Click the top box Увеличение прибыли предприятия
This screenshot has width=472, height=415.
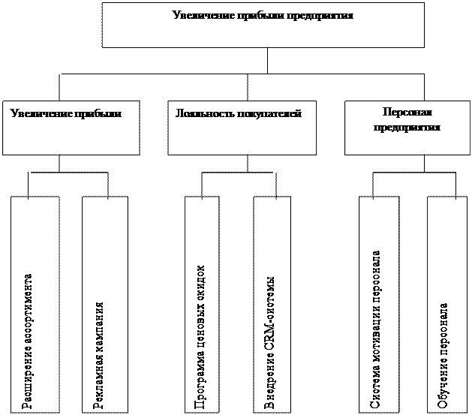pos(263,25)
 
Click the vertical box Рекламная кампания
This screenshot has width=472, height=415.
pos(103,304)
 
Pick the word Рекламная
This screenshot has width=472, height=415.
pos(98,380)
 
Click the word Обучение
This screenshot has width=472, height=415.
pos(443,386)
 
